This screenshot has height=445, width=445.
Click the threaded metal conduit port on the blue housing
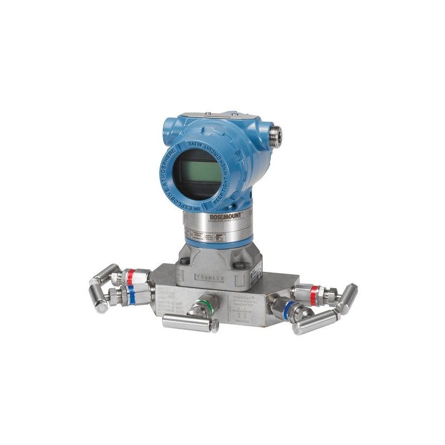274,133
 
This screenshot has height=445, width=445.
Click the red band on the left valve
130,276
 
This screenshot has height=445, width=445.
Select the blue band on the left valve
131,295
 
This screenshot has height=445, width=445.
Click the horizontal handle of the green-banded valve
189,323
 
